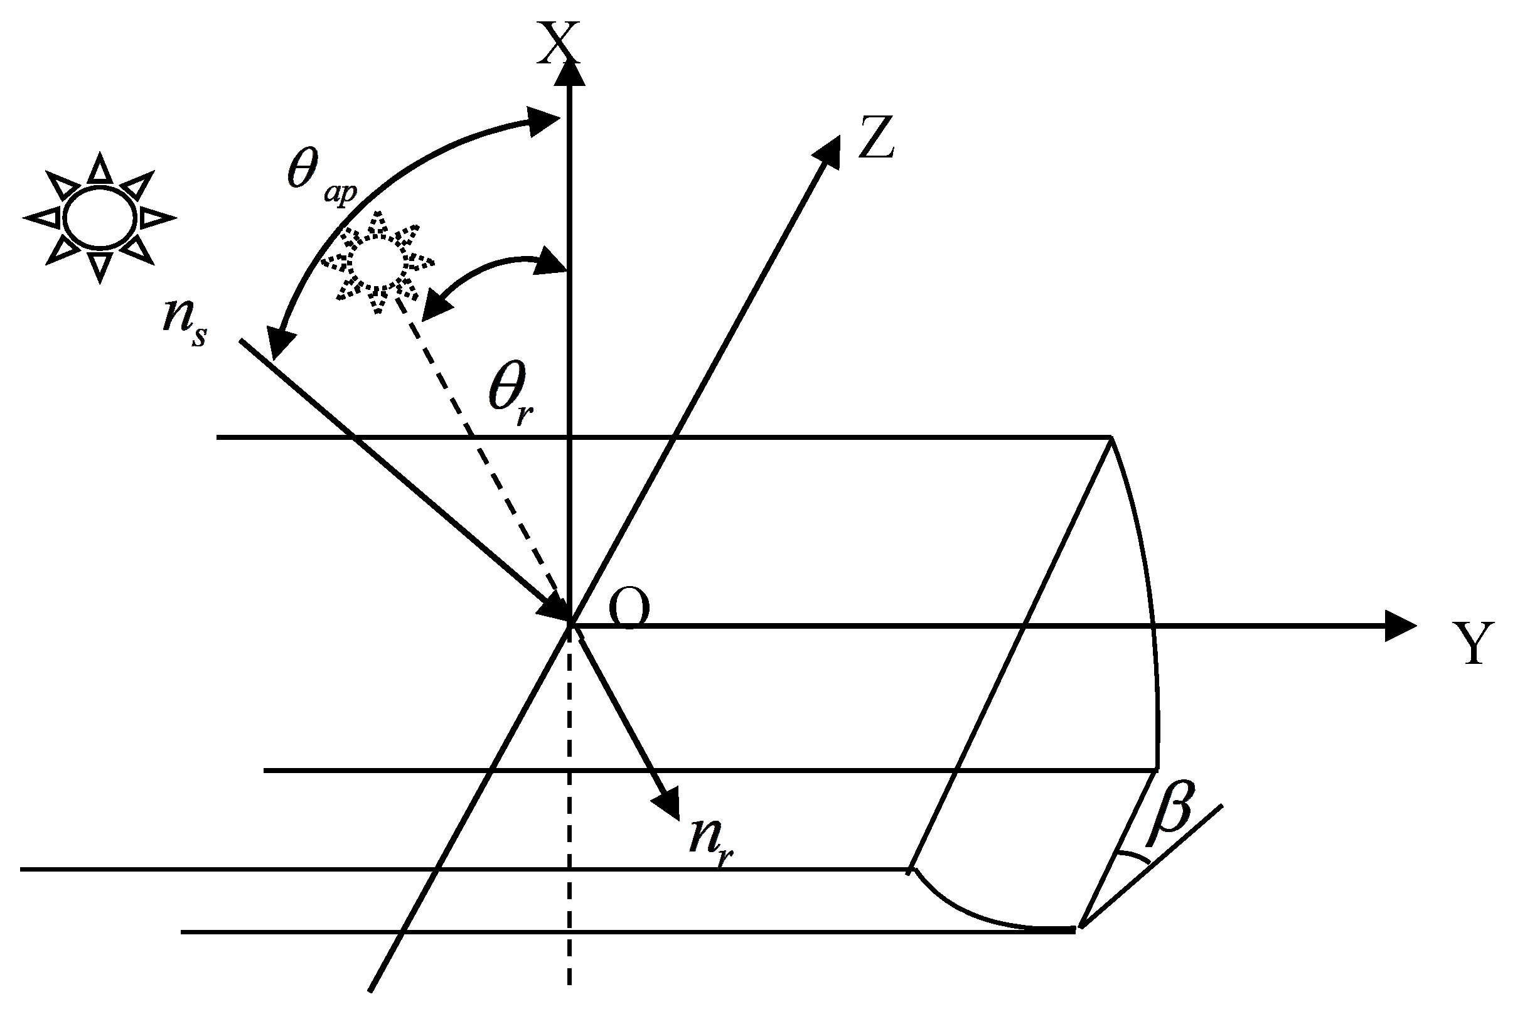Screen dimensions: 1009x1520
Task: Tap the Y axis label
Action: click(1474, 644)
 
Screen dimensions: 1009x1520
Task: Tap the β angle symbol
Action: click(1172, 816)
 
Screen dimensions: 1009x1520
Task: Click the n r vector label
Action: click(711, 840)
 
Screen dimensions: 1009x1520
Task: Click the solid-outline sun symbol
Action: click(100, 218)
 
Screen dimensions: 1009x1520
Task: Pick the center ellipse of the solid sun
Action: click(100, 218)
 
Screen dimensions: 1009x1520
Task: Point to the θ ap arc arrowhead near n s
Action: click(278, 344)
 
